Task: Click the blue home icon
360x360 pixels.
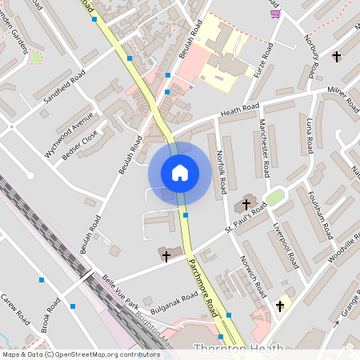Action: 179,172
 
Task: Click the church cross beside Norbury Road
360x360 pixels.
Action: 336,57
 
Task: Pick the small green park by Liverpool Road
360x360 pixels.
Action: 274,197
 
